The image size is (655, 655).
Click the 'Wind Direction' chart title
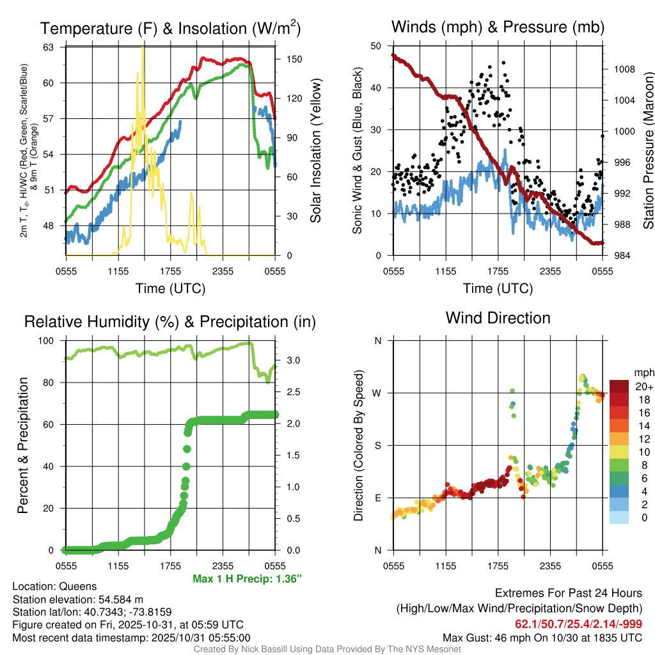pos(498,318)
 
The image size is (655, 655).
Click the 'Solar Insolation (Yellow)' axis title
pos(315,151)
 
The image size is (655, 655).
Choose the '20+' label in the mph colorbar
pos(643,386)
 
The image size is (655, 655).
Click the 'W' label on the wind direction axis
pos(378,393)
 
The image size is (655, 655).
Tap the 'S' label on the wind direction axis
pos(378,445)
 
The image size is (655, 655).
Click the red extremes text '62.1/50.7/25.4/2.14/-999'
pos(578,624)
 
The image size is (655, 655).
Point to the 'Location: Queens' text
pos(54,586)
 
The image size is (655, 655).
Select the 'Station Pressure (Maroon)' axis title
pos(648,151)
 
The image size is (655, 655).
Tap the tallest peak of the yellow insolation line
pos(143,49)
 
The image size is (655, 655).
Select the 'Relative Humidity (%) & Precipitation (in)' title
pos(170,322)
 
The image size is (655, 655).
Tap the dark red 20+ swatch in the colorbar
pos(619,386)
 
